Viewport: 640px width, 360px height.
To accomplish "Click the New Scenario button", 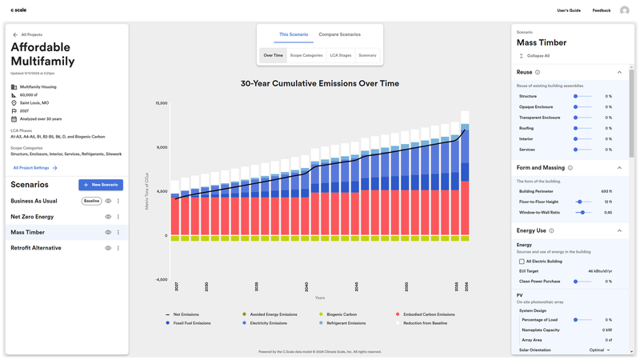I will pos(101,185).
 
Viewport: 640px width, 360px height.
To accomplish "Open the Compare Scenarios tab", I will pos(339,34).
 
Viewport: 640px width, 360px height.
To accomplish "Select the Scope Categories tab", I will pos(306,55).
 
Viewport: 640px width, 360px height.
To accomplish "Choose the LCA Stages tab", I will pos(340,55).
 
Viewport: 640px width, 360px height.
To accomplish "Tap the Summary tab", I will pos(367,55).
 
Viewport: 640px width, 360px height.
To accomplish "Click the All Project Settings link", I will pos(34,168).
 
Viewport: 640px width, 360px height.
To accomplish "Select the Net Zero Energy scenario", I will pos(32,217).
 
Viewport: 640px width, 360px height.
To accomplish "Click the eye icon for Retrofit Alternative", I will pos(108,248).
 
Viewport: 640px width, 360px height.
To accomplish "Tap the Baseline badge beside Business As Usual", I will pos(91,201).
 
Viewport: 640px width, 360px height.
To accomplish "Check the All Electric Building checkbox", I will pos(522,262).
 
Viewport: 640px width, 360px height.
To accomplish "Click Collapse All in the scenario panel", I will pos(538,56).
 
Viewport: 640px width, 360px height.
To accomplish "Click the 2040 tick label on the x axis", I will pos(306,286).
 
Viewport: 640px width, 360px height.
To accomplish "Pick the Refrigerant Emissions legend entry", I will pos(346,323).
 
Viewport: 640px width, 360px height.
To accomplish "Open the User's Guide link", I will pos(569,10).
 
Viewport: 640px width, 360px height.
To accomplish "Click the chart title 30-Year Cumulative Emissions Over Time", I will pos(319,83).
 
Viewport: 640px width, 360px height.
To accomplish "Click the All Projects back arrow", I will pos(15,35).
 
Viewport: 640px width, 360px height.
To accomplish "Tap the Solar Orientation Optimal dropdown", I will pos(599,350).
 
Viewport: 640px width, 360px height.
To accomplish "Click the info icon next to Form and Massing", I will pos(570,168).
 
